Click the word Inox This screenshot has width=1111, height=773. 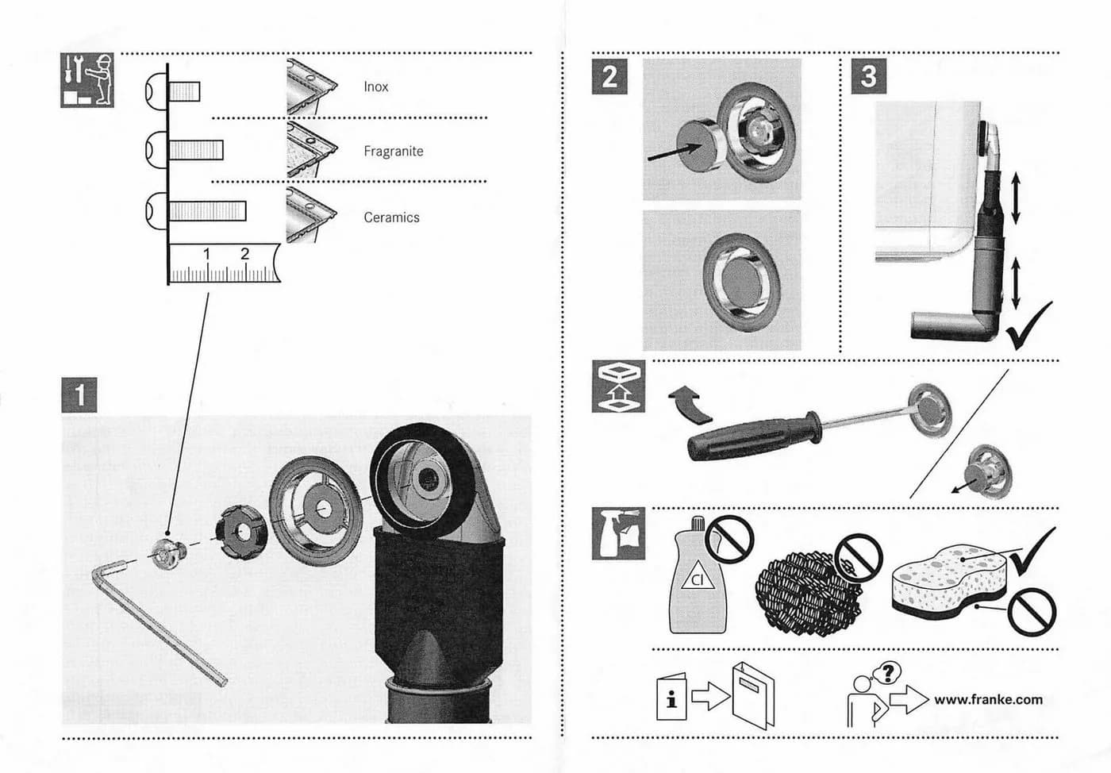point(375,87)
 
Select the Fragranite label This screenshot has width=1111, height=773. point(394,152)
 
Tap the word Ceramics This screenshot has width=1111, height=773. point(391,217)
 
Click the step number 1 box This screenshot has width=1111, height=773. point(79,395)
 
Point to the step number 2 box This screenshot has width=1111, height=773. point(609,76)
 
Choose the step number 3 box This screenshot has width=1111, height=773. point(869,76)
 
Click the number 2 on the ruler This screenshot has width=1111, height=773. point(244,254)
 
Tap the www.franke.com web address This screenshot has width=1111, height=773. point(988,699)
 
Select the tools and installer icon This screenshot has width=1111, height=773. point(87,80)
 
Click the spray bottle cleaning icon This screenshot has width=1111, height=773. point(618,533)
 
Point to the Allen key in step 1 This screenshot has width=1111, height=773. point(159,623)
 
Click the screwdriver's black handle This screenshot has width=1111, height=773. point(754,436)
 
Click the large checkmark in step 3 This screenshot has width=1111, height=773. point(1028,325)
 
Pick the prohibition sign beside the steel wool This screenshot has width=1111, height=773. point(859,559)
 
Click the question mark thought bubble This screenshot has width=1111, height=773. point(888,673)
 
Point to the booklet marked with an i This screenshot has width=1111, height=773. point(671,697)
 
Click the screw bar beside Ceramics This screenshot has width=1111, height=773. point(207,211)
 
